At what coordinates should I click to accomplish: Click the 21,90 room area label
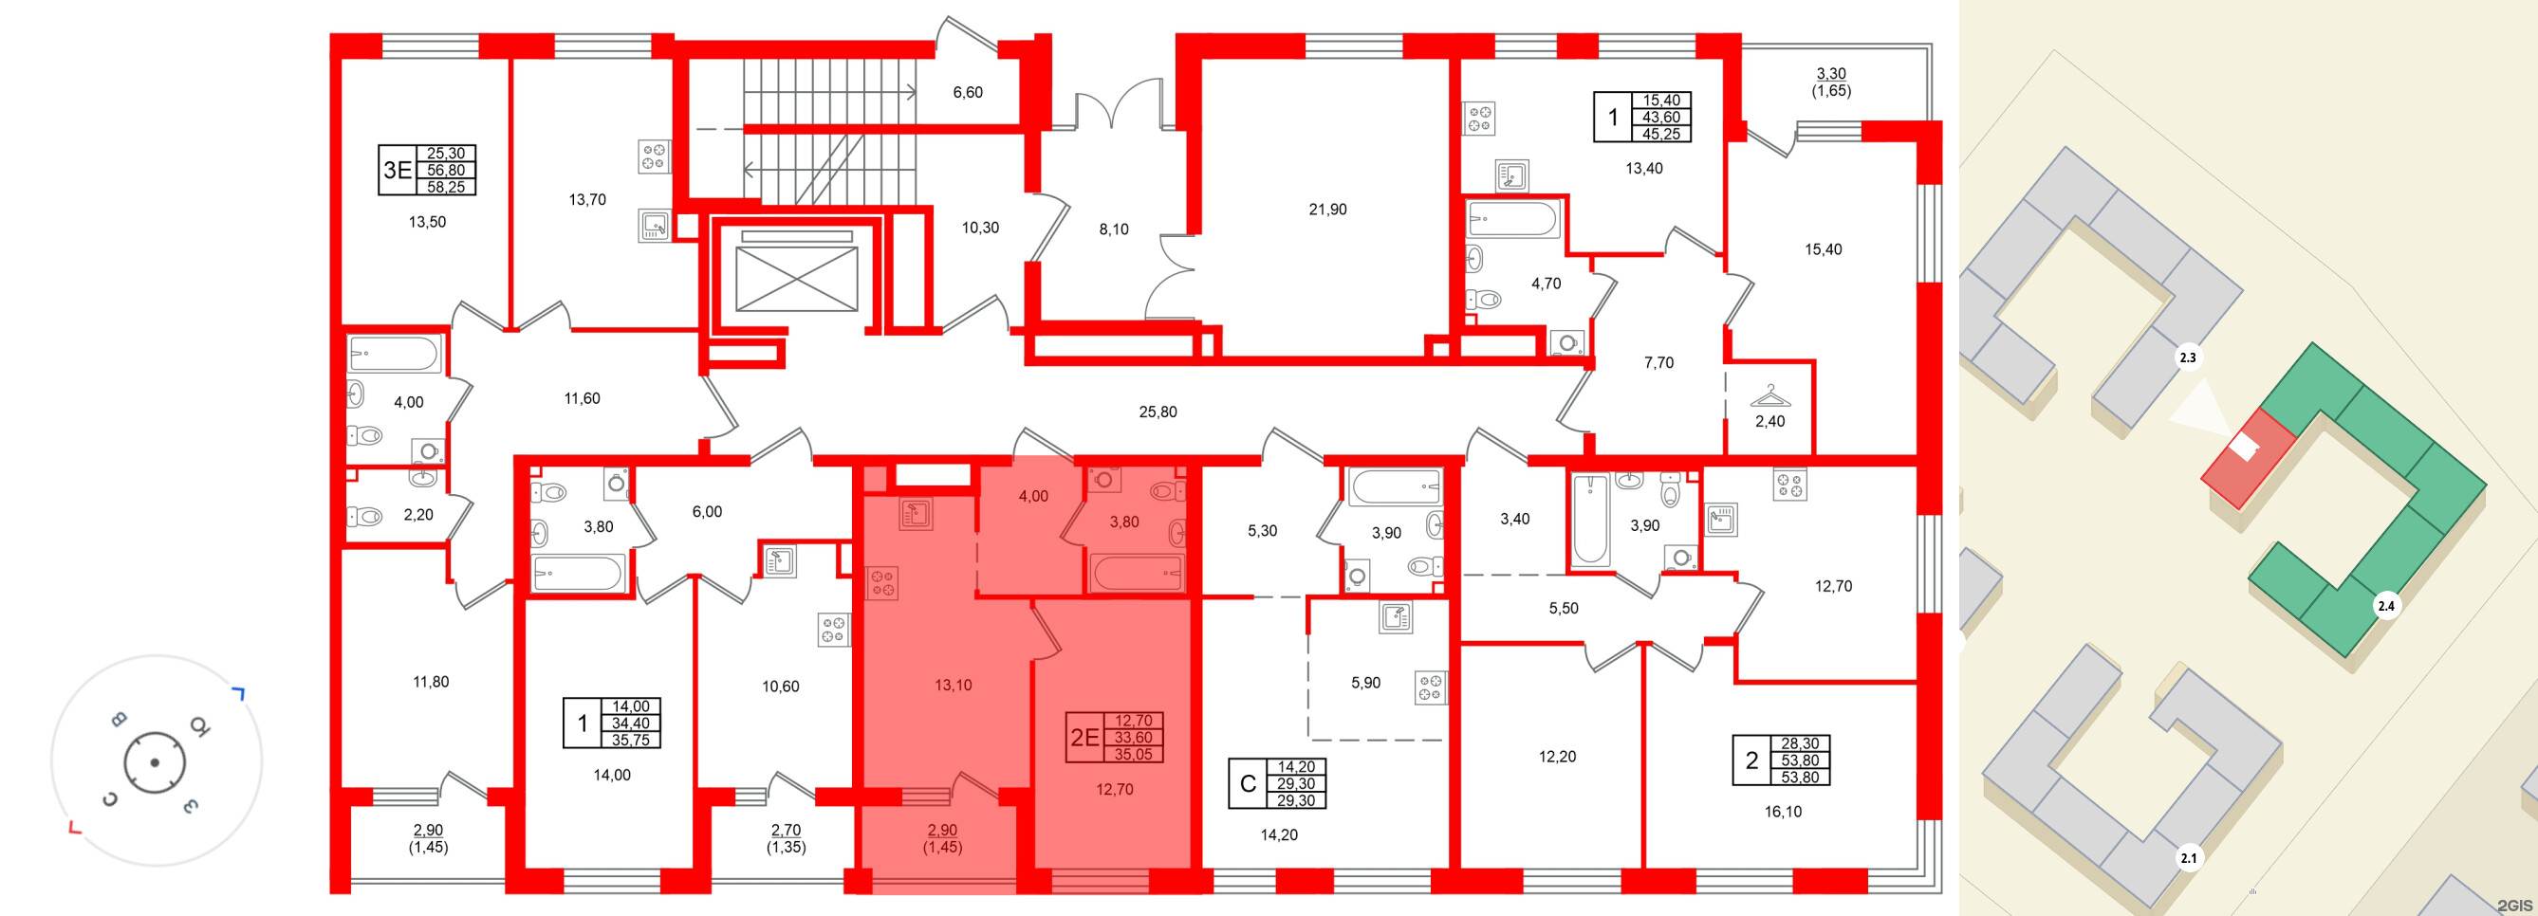(1327, 210)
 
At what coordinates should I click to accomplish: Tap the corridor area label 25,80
(1158, 412)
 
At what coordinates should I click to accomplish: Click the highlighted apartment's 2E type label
(1084, 738)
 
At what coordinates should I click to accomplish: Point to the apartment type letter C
(1248, 784)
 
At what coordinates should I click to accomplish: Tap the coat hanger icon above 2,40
(1769, 397)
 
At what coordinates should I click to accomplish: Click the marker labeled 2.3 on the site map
(2187, 357)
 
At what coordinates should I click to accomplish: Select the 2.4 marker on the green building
(2386, 606)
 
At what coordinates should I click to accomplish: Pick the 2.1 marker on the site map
(2188, 858)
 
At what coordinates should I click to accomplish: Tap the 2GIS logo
(2514, 906)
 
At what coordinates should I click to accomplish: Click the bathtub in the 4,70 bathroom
(1512, 220)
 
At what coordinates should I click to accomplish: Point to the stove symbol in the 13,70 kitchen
(653, 156)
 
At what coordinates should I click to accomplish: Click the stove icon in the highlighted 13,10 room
(882, 583)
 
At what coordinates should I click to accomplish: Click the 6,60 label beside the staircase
(968, 93)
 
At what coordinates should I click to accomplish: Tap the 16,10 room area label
(1783, 813)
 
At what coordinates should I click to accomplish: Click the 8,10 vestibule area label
(1113, 229)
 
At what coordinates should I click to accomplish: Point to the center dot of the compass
(155, 762)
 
